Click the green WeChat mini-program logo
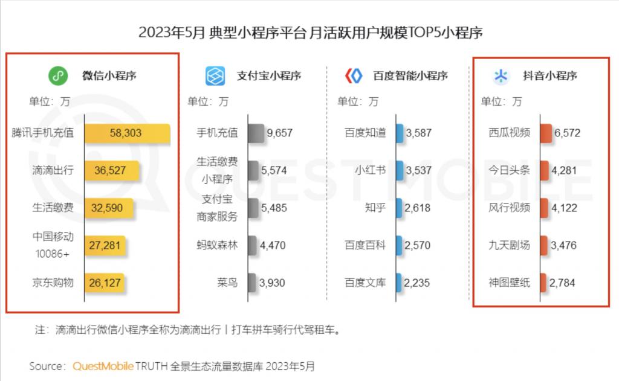pyautogui.click(x=57, y=76)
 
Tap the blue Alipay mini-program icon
pyautogui.click(x=215, y=76)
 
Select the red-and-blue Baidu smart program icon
pyautogui.click(x=352, y=76)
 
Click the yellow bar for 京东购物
pyautogui.click(x=104, y=283)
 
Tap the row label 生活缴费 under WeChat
pyautogui.click(x=53, y=208)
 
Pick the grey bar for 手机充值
pyautogui.click(x=256, y=133)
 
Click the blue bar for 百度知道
pyautogui.click(x=399, y=133)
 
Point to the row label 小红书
pyautogui.click(x=371, y=170)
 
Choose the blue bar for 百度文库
pyautogui.click(x=398, y=282)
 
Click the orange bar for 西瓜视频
pyautogui.click(x=545, y=133)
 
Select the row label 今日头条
pyautogui.click(x=509, y=170)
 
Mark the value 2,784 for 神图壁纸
pyautogui.click(x=563, y=283)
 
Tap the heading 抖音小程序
pyautogui.click(x=550, y=76)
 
